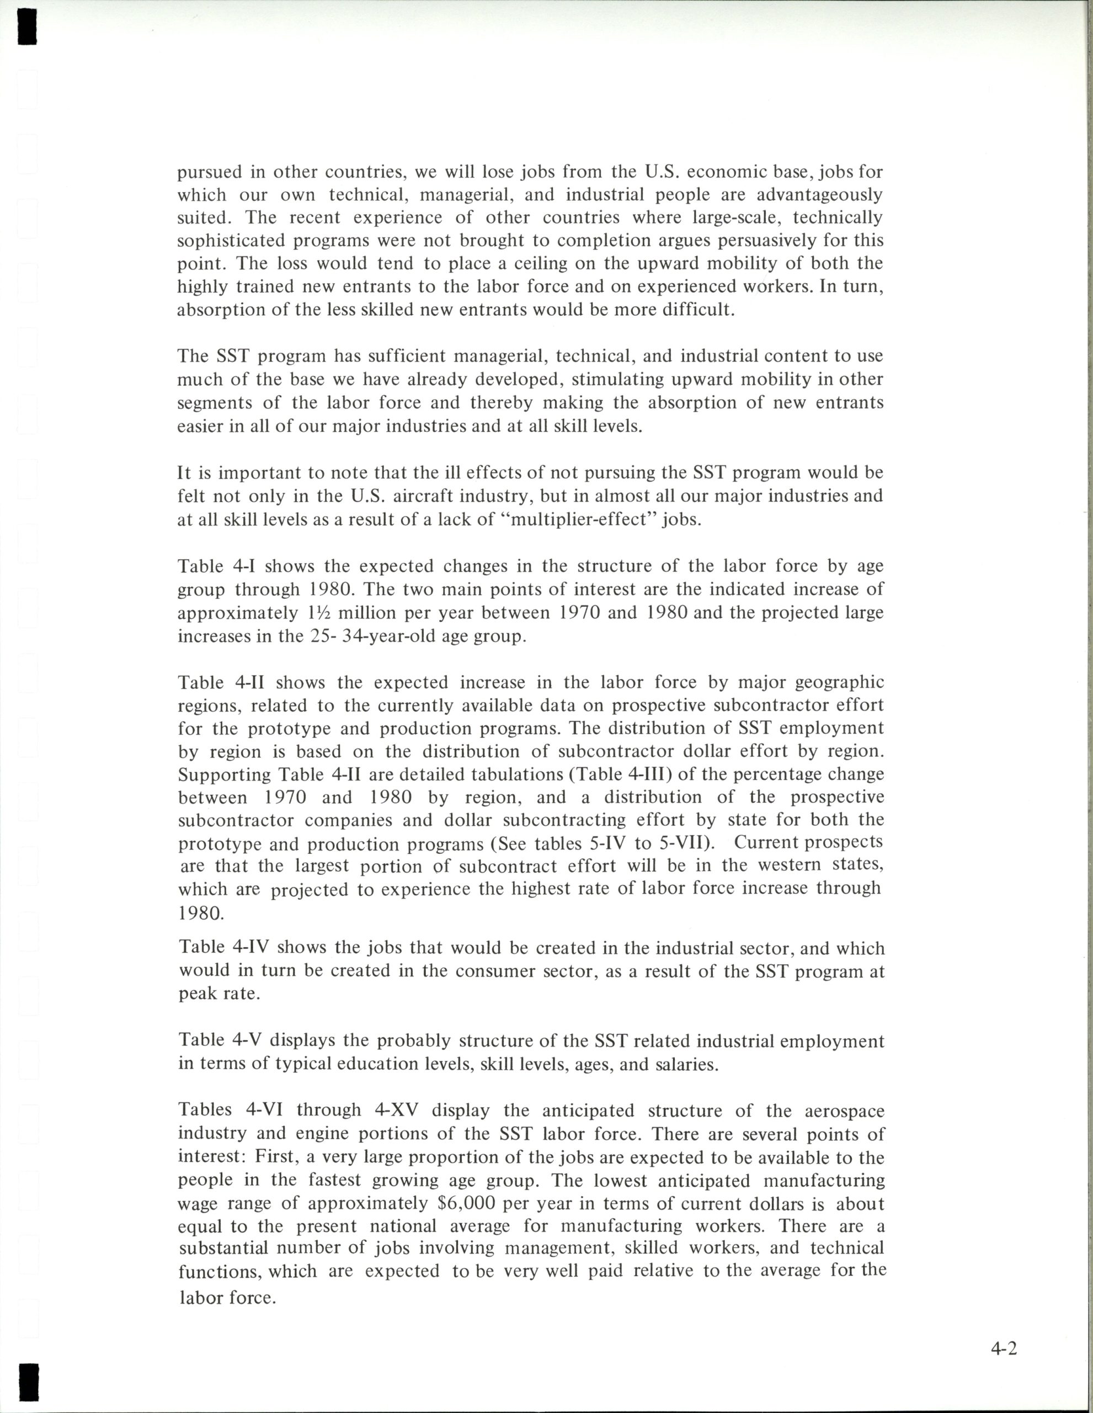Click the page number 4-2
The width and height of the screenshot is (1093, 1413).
point(1003,1348)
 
